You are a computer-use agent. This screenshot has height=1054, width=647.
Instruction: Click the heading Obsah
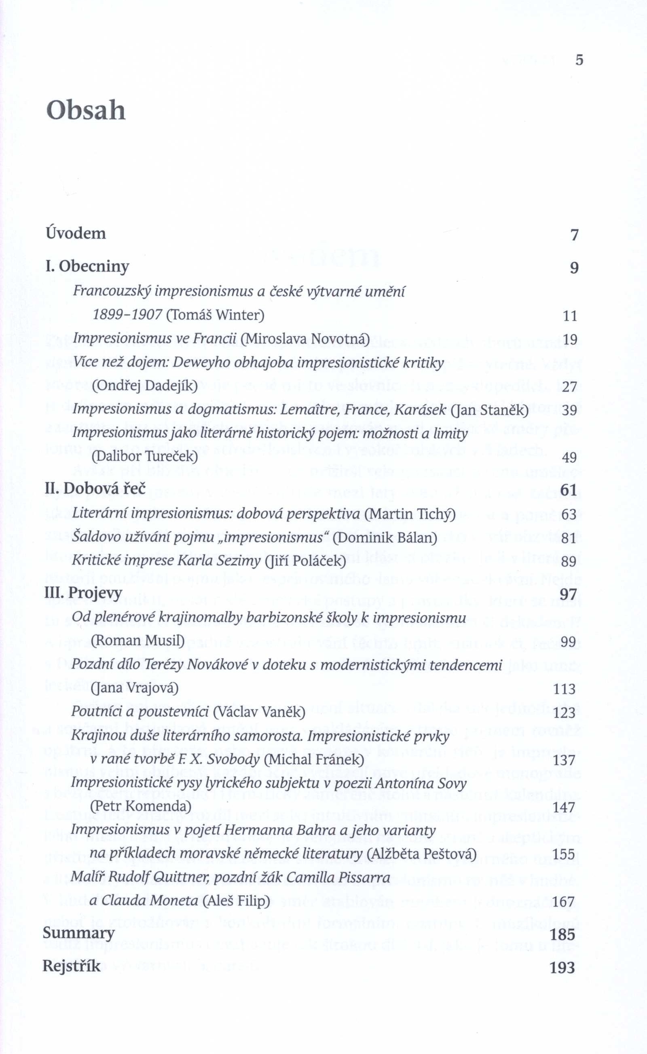click(86, 111)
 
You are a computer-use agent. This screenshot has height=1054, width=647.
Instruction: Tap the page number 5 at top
click(579, 60)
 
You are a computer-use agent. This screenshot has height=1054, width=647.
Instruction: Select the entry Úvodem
click(76, 234)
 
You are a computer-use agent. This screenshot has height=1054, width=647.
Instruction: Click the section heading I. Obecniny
click(87, 266)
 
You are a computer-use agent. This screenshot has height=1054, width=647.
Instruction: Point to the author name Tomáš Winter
click(215, 315)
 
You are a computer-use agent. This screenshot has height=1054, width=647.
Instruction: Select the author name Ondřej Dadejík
click(145, 386)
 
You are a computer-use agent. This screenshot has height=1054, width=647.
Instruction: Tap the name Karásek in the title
click(421, 410)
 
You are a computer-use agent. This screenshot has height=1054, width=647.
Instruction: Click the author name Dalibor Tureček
click(145, 457)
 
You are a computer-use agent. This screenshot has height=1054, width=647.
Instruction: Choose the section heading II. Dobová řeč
click(95, 489)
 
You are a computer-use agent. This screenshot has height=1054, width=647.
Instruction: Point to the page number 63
click(569, 514)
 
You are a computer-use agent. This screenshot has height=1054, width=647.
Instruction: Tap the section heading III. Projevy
click(83, 593)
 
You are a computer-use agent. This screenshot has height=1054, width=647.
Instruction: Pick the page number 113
click(565, 689)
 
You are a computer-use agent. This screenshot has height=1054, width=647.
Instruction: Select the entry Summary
click(78, 932)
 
